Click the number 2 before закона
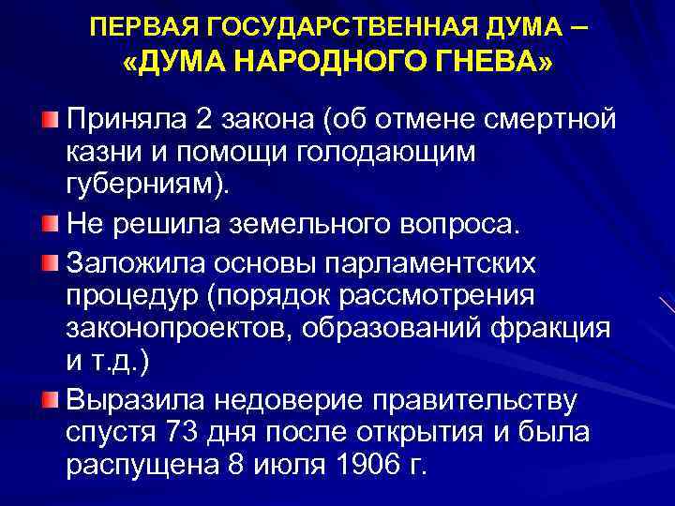(x=203, y=121)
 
